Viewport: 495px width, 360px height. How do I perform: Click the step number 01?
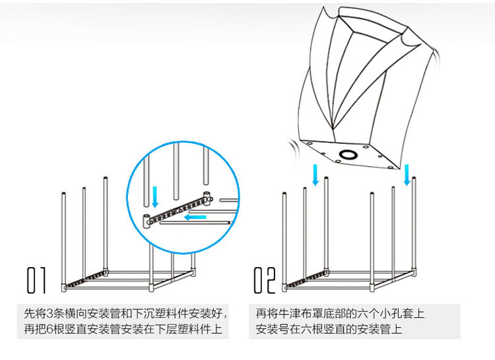[36, 281]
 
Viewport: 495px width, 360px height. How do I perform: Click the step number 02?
[265, 281]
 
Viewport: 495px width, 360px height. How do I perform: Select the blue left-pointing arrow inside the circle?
[194, 216]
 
